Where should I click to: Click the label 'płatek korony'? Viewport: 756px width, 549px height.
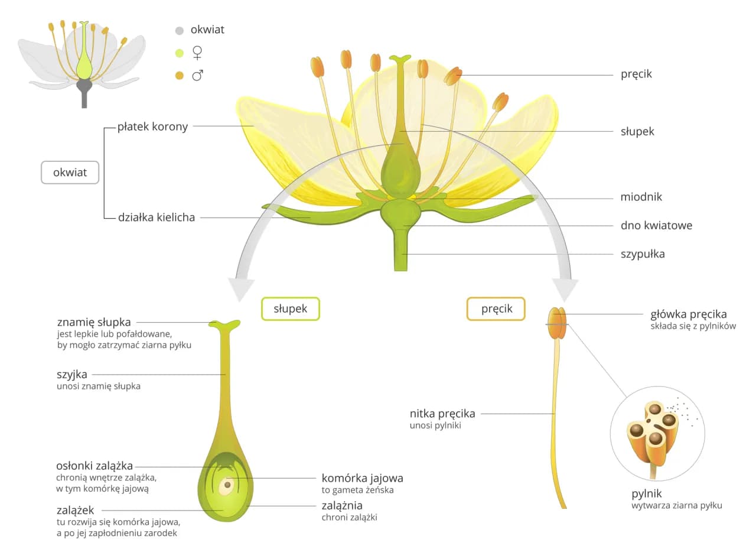152,126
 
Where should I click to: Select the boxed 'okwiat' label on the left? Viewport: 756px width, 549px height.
70,173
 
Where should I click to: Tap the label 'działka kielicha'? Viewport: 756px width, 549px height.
157,217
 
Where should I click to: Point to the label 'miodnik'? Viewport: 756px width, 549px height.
641,197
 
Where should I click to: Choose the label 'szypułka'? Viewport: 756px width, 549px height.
643,254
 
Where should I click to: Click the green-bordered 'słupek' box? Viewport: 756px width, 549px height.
291,308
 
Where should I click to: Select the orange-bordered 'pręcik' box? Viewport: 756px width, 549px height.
496,308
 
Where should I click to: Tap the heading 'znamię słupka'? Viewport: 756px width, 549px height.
94,322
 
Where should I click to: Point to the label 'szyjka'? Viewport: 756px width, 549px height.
72,374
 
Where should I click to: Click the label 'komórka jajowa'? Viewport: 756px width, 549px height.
362,477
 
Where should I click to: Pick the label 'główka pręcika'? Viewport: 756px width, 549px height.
688,314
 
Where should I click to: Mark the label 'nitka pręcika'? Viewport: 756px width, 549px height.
442,413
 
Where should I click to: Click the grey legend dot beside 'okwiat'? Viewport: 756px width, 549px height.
180,30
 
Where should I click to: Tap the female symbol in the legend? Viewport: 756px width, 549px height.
198,53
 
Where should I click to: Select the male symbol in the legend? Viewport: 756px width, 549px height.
198,75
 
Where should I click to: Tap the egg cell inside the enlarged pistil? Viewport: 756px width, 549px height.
226,486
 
